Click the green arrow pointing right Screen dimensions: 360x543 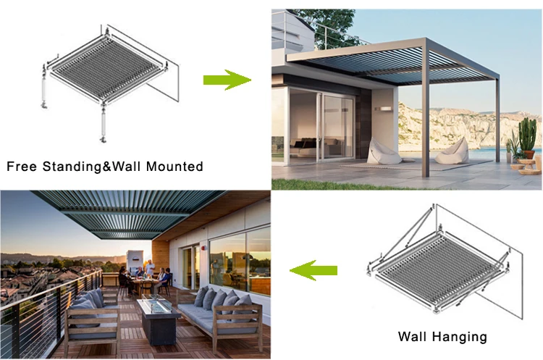click(226, 80)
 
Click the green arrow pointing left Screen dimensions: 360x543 click(313, 271)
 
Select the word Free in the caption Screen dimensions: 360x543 click(21, 166)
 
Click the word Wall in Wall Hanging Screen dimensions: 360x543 click(414, 336)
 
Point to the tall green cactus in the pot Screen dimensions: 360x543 click(527, 135)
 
